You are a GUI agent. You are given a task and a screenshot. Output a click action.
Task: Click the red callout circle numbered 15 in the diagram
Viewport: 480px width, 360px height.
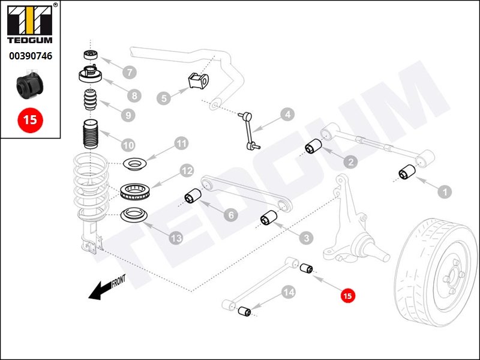[348, 295]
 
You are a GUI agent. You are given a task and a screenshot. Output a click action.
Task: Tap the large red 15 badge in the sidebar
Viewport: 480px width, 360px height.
[30, 119]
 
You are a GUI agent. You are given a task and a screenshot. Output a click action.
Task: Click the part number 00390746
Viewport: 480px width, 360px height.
[30, 56]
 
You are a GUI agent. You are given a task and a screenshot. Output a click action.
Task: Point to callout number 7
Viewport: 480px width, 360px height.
[128, 72]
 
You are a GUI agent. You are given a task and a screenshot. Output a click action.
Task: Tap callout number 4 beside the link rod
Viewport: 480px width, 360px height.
[287, 114]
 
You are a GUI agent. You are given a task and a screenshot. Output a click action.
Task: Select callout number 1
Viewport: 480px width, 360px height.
[444, 192]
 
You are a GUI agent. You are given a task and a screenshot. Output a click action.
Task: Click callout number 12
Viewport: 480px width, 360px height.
[187, 171]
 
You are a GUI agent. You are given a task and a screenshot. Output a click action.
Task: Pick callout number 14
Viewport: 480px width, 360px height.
[289, 292]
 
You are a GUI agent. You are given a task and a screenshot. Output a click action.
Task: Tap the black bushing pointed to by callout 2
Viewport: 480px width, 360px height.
[313, 147]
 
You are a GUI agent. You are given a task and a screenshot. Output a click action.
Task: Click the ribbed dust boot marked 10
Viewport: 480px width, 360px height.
[89, 137]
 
